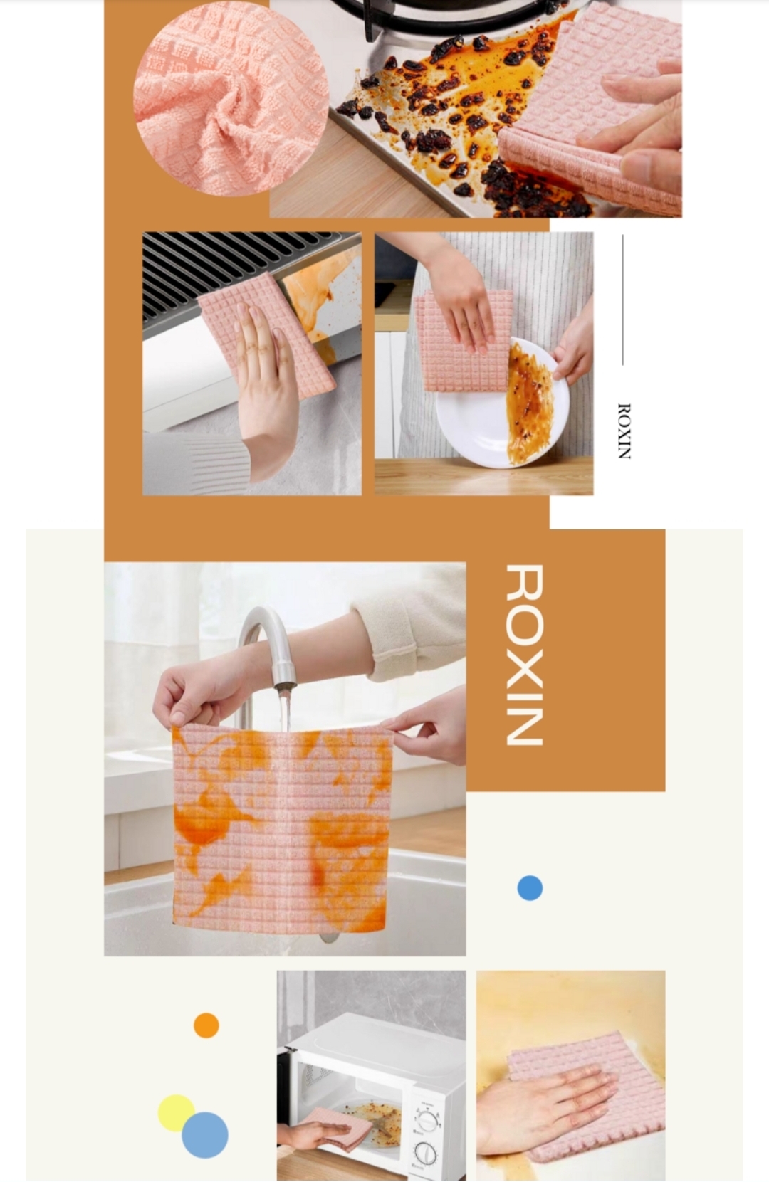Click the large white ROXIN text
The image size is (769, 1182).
(x=524, y=654)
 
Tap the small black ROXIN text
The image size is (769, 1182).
(x=624, y=431)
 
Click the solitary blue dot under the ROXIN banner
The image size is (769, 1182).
(x=530, y=887)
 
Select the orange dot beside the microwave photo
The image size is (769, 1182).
(x=206, y=1025)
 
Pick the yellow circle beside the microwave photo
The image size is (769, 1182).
(x=177, y=1113)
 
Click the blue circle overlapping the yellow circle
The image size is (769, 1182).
(x=205, y=1135)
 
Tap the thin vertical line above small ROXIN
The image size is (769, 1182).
(x=622, y=300)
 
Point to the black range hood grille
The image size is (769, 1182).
(x=249, y=277)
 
